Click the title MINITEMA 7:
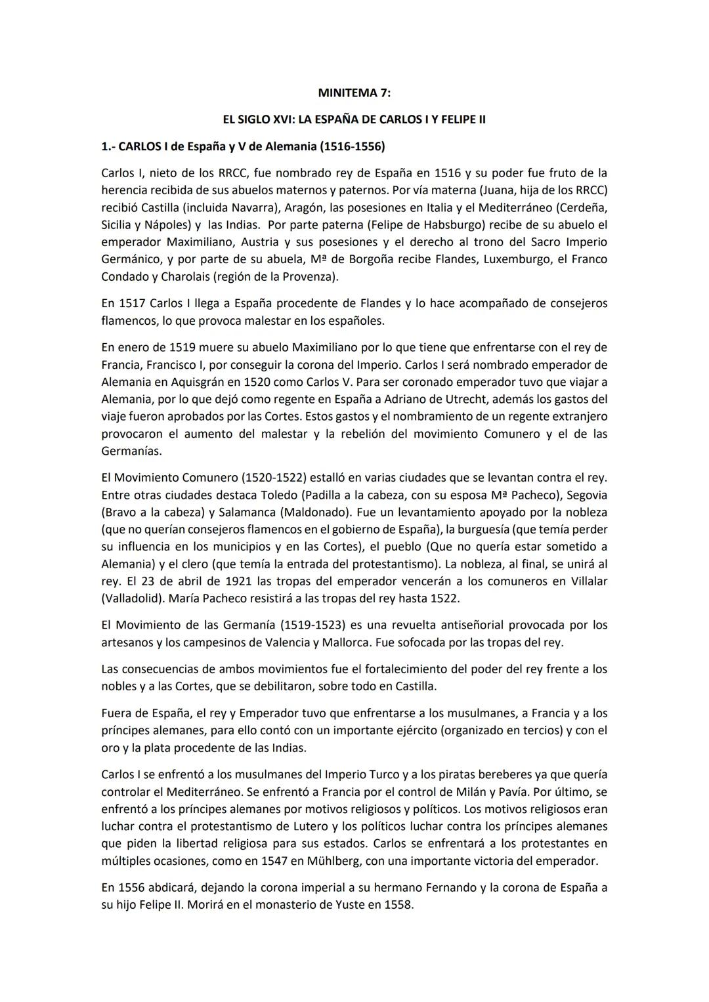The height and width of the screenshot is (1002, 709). [354, 93]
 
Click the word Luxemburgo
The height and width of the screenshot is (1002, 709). [518, 259]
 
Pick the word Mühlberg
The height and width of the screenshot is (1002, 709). [316, 860]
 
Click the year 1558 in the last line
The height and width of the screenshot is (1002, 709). [395, 905]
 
